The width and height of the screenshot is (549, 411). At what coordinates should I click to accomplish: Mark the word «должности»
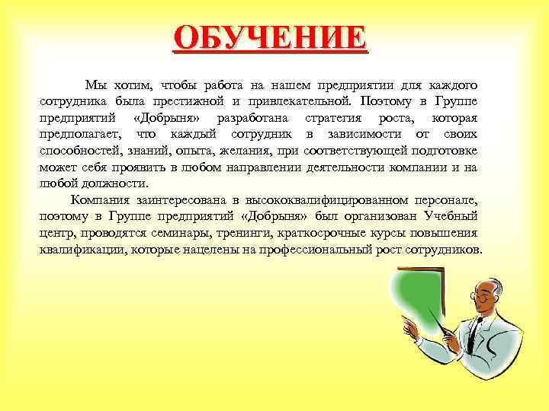(114, 183)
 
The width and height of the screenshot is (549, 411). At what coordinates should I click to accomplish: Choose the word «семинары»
(159, 234)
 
